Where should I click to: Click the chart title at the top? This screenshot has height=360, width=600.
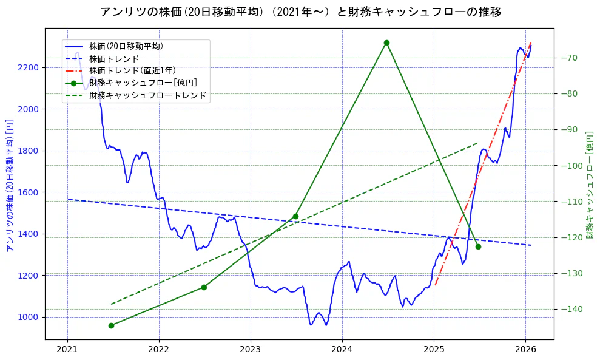point(300,12)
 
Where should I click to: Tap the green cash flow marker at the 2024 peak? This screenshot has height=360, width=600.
point(386,42)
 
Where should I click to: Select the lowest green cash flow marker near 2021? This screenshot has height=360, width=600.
point(112,325)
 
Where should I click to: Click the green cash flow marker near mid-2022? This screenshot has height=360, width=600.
point(204,287)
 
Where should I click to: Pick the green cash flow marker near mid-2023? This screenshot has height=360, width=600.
point(295,216)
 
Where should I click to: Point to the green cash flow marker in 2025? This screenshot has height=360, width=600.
point(478,246)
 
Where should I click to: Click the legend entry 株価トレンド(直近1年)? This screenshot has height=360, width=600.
point(132,71)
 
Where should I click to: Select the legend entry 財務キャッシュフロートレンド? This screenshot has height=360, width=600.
point(147,95)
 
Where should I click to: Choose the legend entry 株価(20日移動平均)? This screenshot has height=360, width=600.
point(126,46)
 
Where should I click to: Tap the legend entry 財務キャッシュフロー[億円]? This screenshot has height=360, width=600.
point(143,83)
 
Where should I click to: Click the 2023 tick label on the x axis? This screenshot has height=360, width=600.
point(251,350)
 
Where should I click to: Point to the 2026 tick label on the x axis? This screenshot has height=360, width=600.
point(525,350)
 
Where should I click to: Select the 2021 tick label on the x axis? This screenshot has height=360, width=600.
point(67,350)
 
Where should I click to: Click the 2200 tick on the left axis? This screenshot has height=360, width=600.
point(29,67)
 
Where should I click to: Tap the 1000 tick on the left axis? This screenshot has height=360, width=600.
point(29,317)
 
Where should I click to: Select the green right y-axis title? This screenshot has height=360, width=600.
point(590,185)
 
